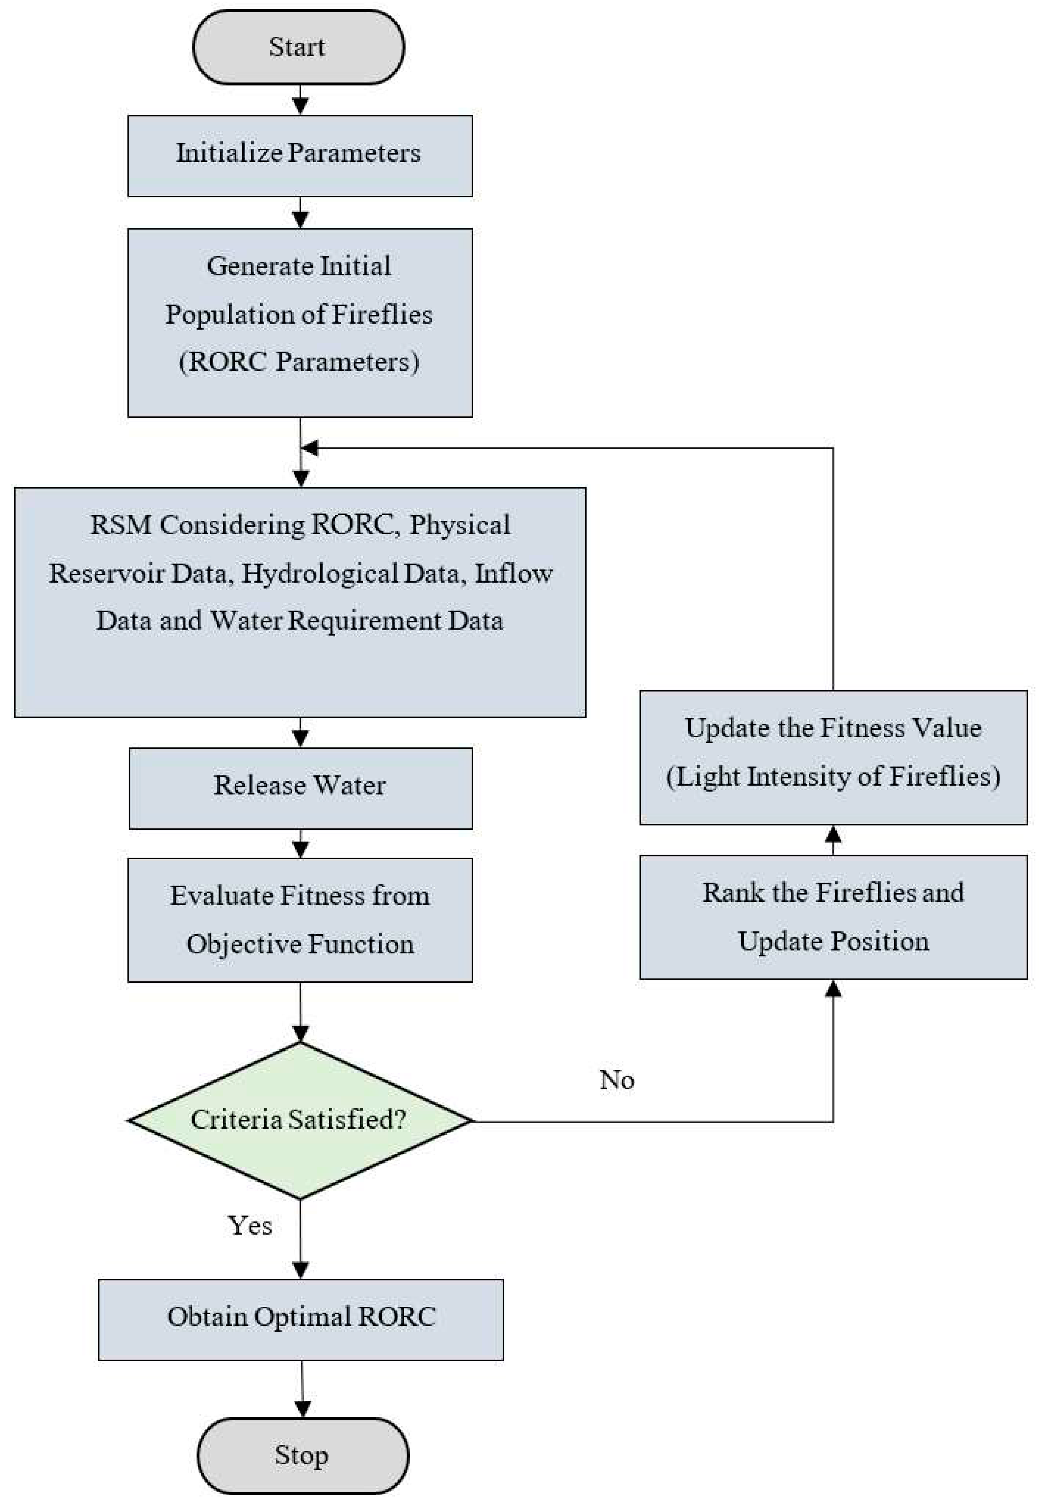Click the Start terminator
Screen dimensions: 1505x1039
click(298, 47)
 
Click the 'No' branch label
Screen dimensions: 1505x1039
click(616, 1080)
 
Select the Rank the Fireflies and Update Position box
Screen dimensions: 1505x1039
click(832, 917)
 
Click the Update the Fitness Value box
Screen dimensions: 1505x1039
click(832, 756)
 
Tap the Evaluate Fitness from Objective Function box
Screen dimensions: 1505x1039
click(299, 919)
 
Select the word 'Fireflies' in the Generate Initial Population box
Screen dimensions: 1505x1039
click(382, 314)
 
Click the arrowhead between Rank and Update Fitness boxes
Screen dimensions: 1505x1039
click(832, 833)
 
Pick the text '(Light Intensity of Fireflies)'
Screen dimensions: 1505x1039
click(832, 776)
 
